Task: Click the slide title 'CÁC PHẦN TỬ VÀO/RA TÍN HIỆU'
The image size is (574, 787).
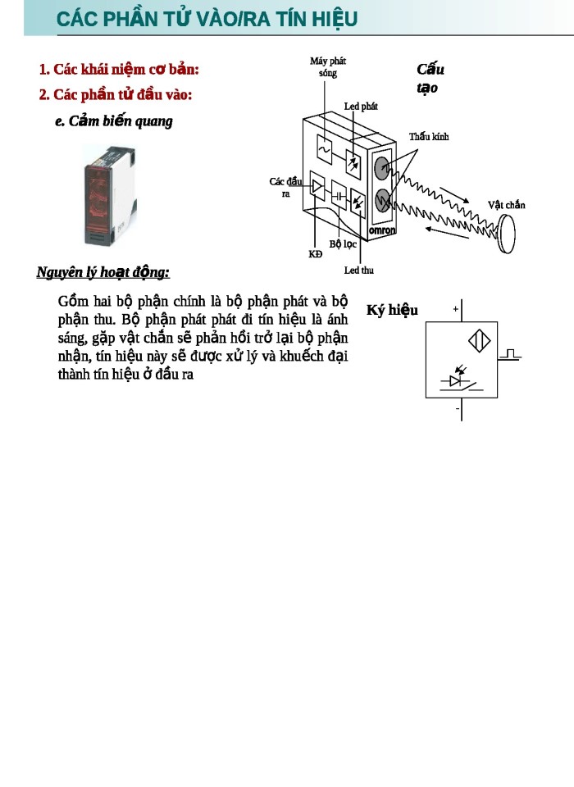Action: point(207,19)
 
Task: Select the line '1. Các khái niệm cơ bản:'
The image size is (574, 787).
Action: point(119,69)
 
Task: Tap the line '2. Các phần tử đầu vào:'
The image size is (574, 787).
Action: point(115,94)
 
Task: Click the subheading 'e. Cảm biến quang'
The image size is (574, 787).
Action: point(113,121)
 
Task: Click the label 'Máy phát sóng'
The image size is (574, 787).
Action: point(327,67)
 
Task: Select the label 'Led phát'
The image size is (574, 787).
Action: point(361,107)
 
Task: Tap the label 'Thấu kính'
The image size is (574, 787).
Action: point(429,136)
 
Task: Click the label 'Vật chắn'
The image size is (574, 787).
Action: point(506,204)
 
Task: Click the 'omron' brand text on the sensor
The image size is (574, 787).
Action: point(381,230)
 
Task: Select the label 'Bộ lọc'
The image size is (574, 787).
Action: point(343,243)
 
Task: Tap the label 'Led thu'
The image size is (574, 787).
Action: point(358,270)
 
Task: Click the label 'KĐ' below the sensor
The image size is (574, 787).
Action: point(316,254)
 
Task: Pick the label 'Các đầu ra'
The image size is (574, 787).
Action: point(285,187)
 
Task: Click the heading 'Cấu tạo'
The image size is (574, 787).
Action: point(430,78)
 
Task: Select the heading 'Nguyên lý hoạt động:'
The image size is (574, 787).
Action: point(102,272)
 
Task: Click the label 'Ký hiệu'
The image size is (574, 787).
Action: point(392,310)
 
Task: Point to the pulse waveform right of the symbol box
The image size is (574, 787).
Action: point(511,353)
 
